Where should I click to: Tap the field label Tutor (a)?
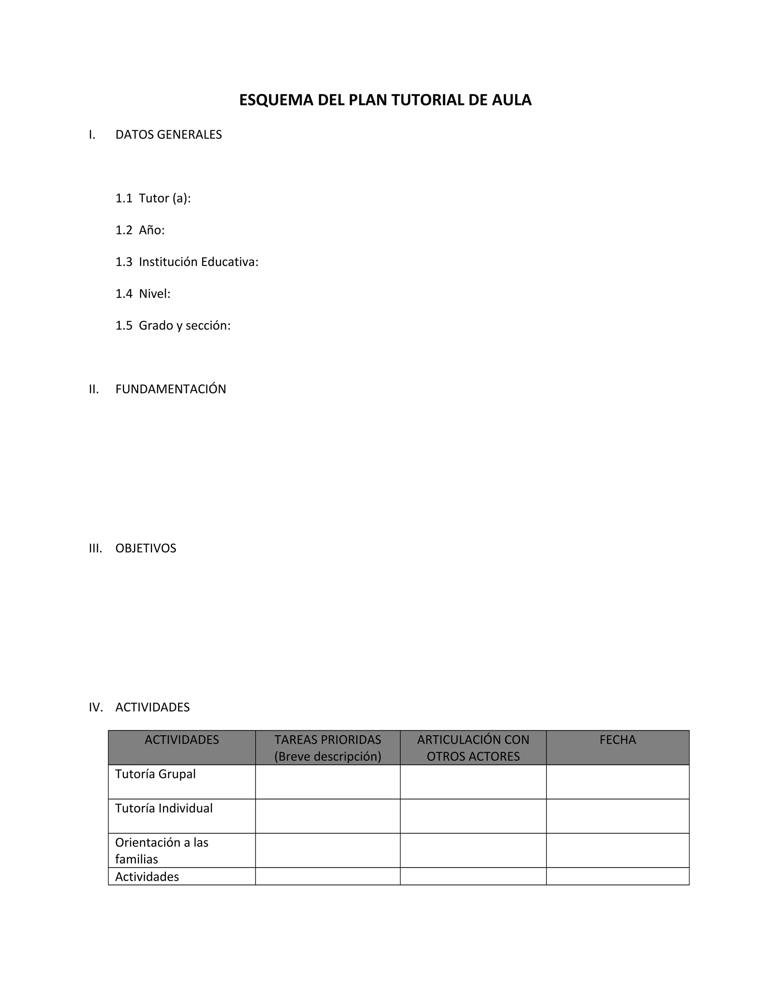(164, 198)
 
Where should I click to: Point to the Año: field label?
(151, 230)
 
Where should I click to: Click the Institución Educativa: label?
(198, 262)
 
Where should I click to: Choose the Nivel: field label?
(155, 294)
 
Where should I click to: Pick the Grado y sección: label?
(185, 325)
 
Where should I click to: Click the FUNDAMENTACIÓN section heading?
(170, 389)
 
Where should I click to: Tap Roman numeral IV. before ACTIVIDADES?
(96, 707)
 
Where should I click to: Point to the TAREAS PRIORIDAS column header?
(327, 740)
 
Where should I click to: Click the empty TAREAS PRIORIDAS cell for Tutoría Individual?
(327, 816)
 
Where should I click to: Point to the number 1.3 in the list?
(124, 262)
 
